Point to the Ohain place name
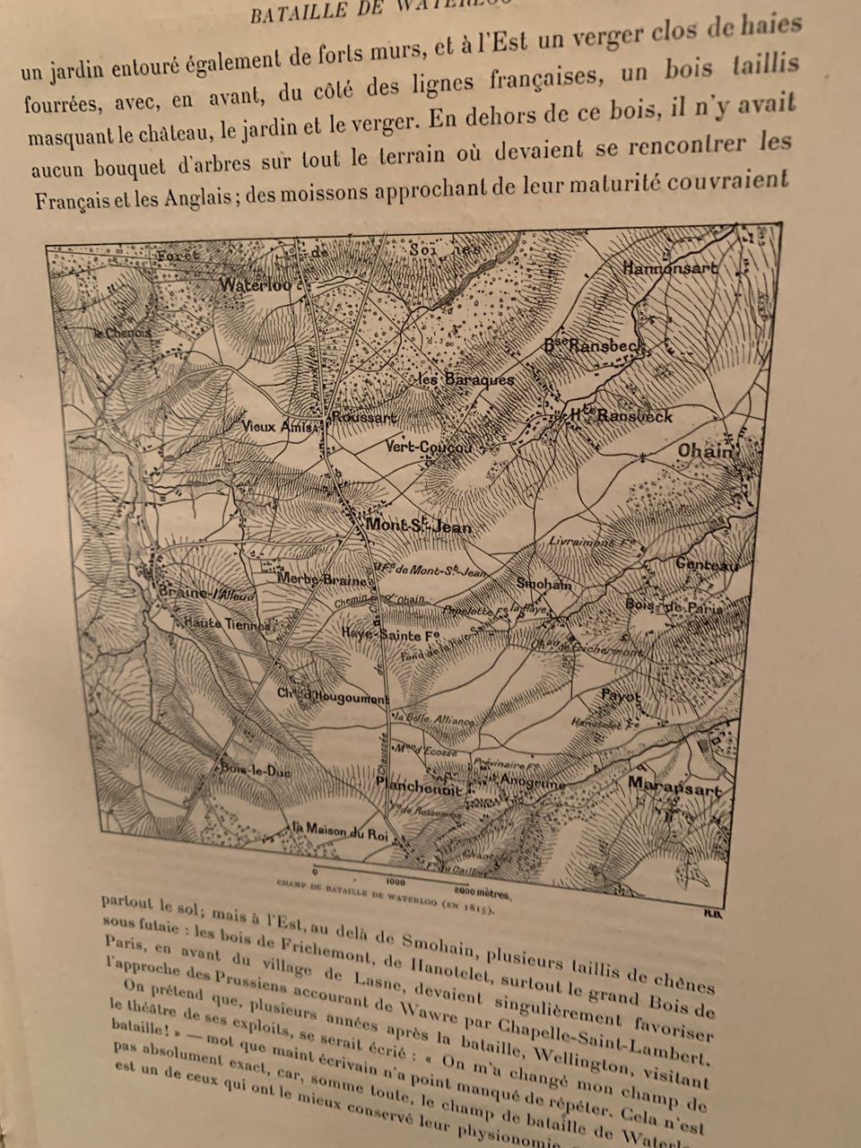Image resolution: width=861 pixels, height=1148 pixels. coord(707,451)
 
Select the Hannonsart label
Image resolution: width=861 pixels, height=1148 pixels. coord(670,267)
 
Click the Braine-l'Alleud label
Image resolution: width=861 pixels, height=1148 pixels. coord(195,595)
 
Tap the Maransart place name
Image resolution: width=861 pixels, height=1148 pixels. coord(674,787)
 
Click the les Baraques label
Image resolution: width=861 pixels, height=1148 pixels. coord(466,379)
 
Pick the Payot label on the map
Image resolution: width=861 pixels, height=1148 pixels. coord(621,696)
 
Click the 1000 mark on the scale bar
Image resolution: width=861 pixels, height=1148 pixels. coord(396,882)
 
